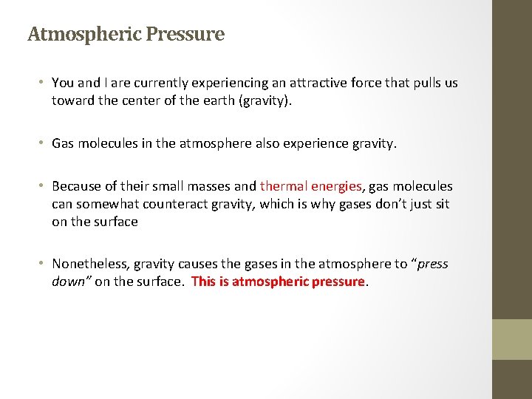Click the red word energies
pos(336,186)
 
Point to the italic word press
pos(432,264)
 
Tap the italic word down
pos(69,282)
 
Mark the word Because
pos(78,186)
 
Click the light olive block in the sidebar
pos(512,339)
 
